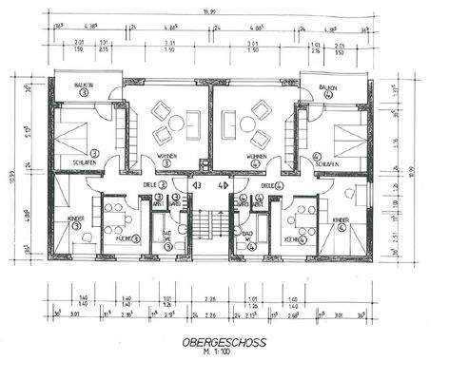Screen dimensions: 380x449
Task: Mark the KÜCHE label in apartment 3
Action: tap(122, 237)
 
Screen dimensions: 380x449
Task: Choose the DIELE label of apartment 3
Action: tap(150, 185)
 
